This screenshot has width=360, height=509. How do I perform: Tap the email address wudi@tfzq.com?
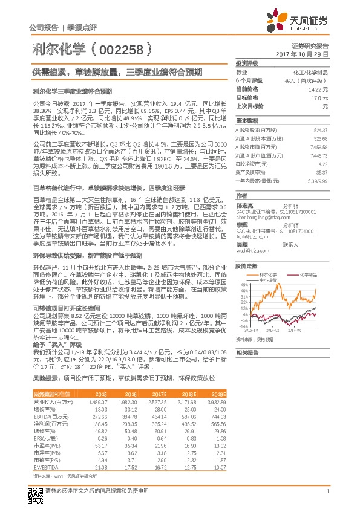click(x=250, y=250)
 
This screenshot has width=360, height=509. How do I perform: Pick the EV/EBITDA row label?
click(x=44, y=467)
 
